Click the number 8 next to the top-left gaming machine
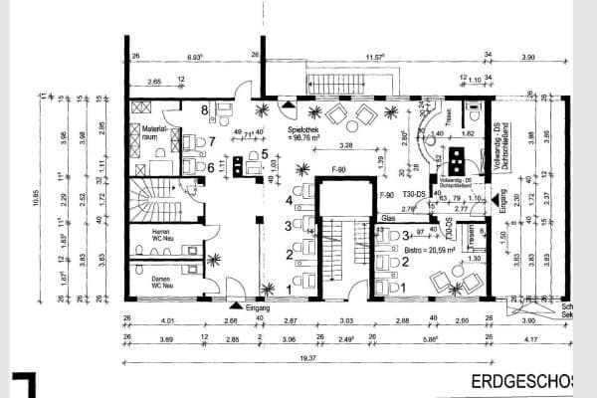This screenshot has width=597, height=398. point(206,110)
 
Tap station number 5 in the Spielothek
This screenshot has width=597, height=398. point(264,154)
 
